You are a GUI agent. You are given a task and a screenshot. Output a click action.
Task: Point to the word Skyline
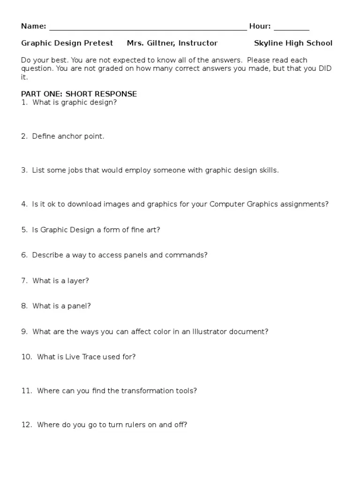[x=269, y=43]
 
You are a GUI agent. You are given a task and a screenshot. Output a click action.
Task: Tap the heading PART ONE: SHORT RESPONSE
[x=79, y=94]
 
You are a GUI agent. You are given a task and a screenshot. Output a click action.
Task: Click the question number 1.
[x=24, y=102]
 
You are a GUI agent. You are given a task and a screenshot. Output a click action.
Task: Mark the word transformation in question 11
[x=146, y=390]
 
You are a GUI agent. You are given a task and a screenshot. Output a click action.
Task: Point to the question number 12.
[x=26, y=425]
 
